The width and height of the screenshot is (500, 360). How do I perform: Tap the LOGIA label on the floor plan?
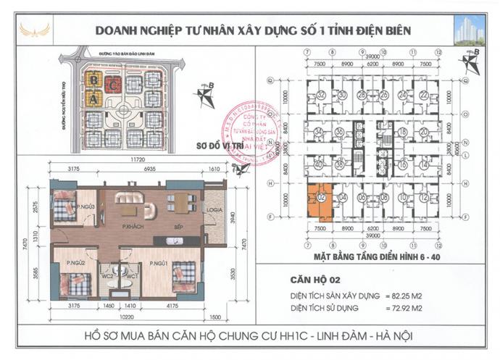pos(214,211)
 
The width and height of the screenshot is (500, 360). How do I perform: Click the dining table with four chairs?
pos(178,203)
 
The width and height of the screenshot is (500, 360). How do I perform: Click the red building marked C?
pos(112,84)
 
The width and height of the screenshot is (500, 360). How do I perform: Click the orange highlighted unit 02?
pos(317,202)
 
